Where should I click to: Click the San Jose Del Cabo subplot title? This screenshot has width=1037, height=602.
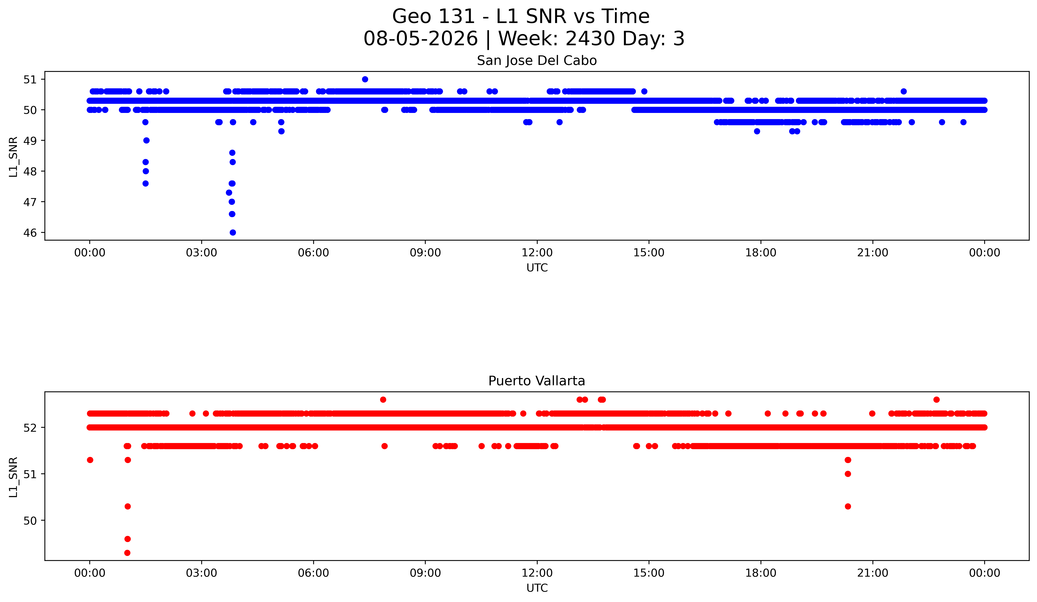537,61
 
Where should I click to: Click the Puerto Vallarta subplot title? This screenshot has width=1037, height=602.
537,381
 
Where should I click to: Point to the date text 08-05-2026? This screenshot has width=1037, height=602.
421,39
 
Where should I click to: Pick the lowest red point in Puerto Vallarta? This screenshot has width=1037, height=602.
127,553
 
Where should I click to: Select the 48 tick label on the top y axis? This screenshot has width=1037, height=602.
30,171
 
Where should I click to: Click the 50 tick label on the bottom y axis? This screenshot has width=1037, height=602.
30,521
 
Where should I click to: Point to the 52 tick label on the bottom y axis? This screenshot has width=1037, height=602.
30,428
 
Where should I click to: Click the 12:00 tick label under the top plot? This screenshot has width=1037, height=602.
537,253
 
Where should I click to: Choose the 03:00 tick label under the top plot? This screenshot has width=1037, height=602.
202,253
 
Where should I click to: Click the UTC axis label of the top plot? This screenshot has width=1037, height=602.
537,268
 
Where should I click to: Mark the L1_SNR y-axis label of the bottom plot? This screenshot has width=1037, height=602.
13,477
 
